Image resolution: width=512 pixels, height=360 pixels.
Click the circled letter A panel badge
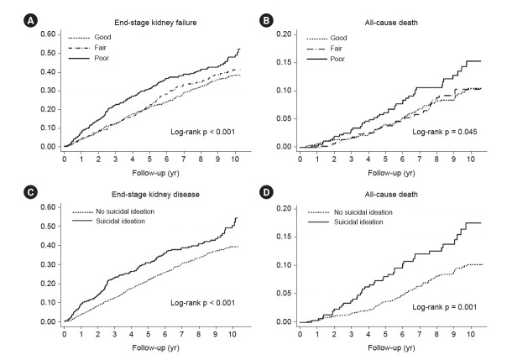click(30, 21)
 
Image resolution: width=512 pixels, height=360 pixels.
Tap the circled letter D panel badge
click(266, 192)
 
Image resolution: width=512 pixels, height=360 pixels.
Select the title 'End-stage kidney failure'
click(155, 23)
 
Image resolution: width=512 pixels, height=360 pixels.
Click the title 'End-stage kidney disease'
click(155, 195)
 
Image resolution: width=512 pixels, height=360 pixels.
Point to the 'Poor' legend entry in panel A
click(88, 58)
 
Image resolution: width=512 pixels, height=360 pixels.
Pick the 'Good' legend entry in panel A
click(90, 37)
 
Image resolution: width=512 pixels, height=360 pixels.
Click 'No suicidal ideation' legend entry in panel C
click(113, 211)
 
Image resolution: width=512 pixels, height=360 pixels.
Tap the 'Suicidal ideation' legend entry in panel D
click(345, 222)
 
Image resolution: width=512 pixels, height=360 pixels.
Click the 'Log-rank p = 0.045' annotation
click(444, 132)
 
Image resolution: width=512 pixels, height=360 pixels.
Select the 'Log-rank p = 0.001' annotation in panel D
click(444, 307)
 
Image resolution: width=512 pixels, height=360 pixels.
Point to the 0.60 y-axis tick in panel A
click(49, 34)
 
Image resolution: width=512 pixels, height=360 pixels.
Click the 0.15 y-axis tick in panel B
click(285, 62)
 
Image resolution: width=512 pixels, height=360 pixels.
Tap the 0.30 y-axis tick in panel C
click(49, 264)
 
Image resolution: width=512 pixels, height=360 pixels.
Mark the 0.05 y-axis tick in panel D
click(285, 293)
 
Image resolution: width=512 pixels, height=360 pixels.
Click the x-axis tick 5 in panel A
click(149, 159)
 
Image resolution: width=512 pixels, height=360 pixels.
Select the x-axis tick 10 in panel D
click(471, 334)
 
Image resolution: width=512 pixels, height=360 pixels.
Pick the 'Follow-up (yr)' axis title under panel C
click(155, 347)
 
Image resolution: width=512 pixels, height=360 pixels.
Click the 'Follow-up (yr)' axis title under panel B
click(391, 173)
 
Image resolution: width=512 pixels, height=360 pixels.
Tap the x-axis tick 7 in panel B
click(420, 159)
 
